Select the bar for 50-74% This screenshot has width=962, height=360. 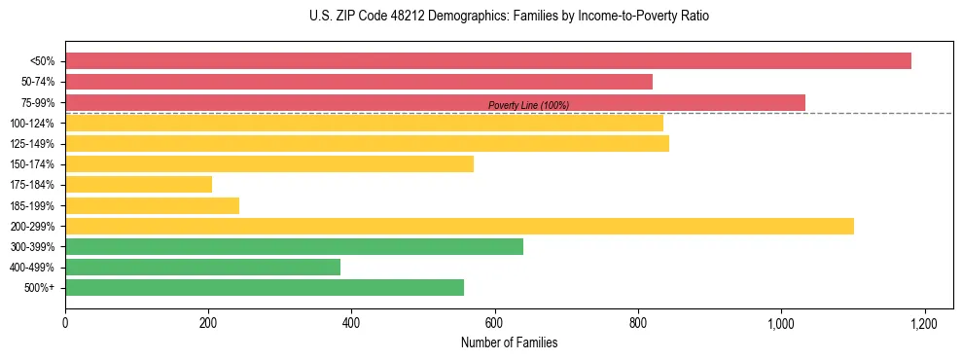tap(359, 82)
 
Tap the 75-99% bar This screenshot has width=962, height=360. tap(435, 102)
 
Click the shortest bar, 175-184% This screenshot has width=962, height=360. tap(138, 184)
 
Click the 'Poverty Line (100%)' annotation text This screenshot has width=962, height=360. tap(528, 105)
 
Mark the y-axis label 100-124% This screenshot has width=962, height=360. tap(32, 124)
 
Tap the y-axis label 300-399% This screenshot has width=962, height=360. tap(32, 247)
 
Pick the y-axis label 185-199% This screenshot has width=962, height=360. tap(32, 205)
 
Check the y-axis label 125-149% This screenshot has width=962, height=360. tap(32, 144)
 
